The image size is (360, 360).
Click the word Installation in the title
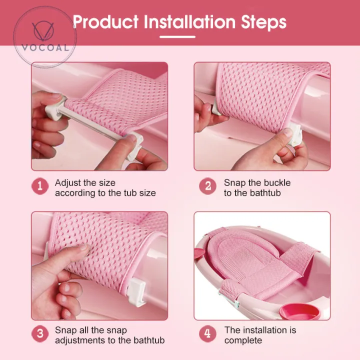(x=189, y=22)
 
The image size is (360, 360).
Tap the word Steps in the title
(x=263, y=22)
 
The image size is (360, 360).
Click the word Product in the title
(x=106, y=22)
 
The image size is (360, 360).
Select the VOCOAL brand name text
(x=45, y=48)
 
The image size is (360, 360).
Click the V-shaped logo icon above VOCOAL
(x=43, y=31)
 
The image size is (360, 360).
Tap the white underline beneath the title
(x=177, y=36)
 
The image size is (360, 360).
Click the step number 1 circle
(x=40, y=186)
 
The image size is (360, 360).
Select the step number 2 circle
(x=208, y=186)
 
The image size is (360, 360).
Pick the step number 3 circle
(x=40, y=333)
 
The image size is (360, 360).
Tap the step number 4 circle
(x=207, y=333)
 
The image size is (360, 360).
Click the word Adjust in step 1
(x=67, y=183)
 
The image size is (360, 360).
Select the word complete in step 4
(x=243, y=340)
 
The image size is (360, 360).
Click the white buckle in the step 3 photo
(x=137, y=291)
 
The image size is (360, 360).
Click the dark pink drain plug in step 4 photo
(x=300, y=312)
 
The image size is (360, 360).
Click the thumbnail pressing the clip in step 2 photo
(x=287, y=132)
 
